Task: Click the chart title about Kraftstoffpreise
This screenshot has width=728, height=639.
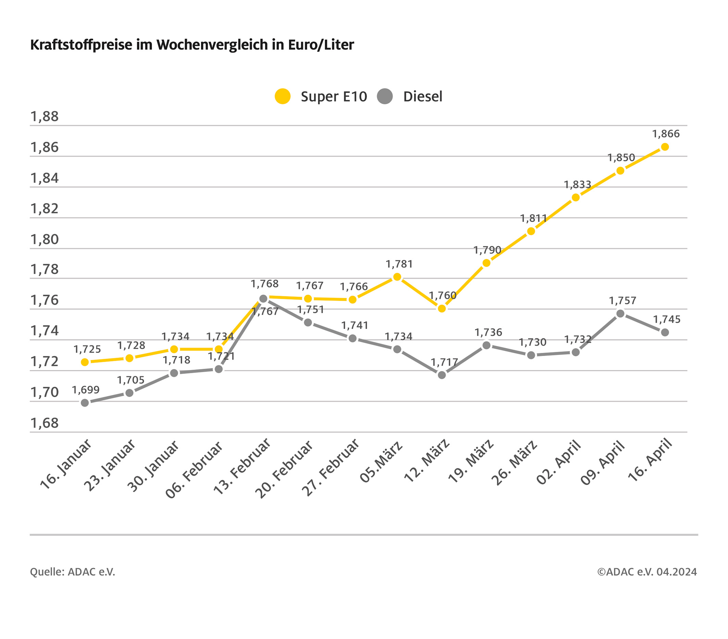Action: (192, 45)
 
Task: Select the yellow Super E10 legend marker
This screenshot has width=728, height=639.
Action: (283, 96)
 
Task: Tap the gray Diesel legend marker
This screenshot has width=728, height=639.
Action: (385, 96)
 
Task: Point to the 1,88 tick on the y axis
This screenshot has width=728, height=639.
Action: (45, 116)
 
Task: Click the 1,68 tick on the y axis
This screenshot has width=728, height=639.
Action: (45, 423)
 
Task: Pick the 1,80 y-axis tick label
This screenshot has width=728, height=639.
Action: (45, 239)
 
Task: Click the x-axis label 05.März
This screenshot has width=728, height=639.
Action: (381, 462)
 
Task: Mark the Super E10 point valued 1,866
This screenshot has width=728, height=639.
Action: (665, 147)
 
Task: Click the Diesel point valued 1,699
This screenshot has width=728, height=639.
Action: (85, 403)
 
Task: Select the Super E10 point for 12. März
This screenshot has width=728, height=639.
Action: (442, 308)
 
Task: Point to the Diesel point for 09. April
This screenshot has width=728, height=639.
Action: (620, 314)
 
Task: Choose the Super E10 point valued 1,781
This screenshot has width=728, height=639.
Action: (397, 277)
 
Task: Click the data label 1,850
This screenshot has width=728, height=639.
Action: (621, 158)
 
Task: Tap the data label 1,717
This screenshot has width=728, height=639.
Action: (444, 362)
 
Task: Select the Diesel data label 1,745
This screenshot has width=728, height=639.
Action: (666, 319)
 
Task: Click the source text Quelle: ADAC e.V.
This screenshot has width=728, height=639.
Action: (73, 572)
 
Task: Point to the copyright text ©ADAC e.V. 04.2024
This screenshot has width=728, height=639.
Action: (647, 572)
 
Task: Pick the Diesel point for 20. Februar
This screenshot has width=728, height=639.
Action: (308, 322)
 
